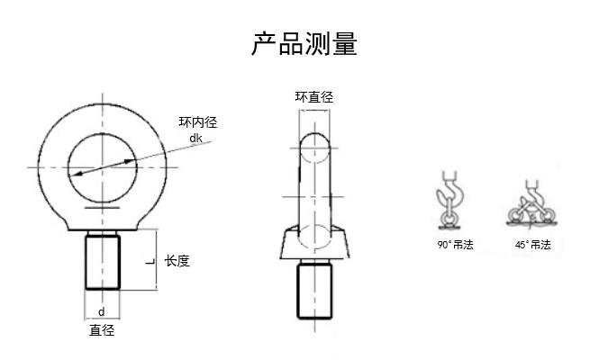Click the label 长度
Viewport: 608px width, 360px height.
point(177,261)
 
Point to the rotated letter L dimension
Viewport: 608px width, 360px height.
point(148,261)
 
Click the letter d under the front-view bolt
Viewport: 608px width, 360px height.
point(102,311)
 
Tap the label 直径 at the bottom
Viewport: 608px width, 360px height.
point(102,329)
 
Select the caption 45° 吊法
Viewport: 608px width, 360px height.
point(531,244)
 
